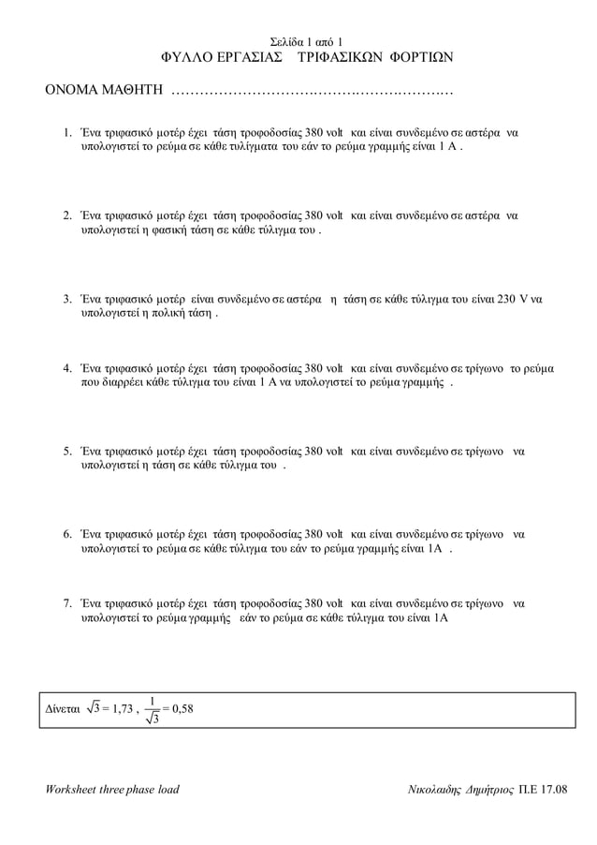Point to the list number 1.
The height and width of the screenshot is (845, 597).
coord(66,134)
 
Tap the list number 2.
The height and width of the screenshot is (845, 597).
coord(66,216)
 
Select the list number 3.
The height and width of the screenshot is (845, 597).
coord(66,300)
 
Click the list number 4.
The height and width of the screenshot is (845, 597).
coord(66,369)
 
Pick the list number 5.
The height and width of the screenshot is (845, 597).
coord(66,452)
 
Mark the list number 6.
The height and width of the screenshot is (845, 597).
coord(66,535)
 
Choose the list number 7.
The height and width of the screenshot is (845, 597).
coord(66,604)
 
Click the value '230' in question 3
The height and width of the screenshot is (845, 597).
coord(505,300)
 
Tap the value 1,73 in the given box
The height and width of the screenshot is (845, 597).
coord(119,709)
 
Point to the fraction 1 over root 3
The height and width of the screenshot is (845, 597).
coord(153,709)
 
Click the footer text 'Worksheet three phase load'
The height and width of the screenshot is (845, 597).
coord(112,789)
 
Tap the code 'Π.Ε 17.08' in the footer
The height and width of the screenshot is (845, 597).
coord(542,789)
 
